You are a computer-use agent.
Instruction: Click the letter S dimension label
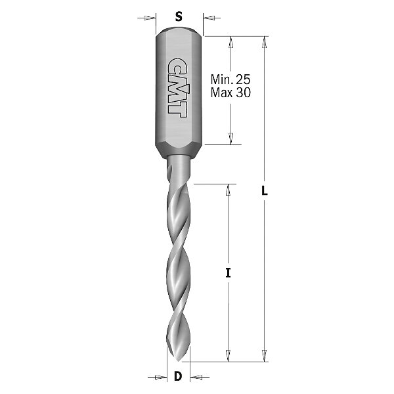[x=179, y=17]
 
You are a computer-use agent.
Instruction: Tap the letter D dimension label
[x=178, y=376]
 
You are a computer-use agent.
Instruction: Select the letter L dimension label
[x=265, y=190]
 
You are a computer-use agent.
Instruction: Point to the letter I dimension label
[x=228, y=273]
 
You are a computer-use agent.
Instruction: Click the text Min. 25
[x=230, y=79]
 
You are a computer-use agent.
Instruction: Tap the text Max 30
[x=230, y=93]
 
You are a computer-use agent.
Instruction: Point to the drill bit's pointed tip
[x=179, y=361]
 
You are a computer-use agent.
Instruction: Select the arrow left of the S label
[x=146, y=18]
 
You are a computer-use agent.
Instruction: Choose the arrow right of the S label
[x=211, y=18]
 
